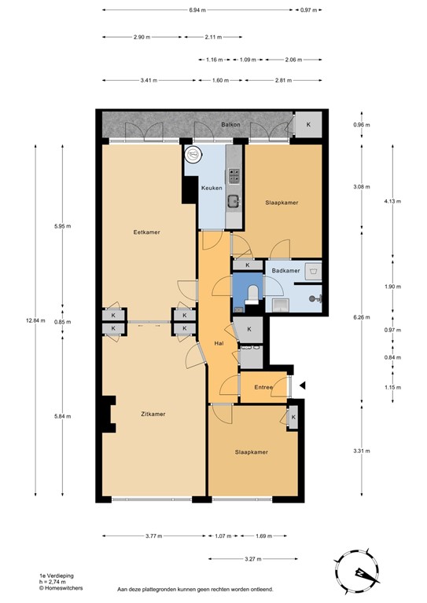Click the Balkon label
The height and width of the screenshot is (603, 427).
230,126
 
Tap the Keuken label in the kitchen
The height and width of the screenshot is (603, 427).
210,188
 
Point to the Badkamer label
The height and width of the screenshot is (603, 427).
285,271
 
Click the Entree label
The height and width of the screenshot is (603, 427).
263,386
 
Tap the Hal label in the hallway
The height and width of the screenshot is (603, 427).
220,343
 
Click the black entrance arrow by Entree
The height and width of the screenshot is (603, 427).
302,385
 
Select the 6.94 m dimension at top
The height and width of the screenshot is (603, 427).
199,10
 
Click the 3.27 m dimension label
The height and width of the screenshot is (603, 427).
254,559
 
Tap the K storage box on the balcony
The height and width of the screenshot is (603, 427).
307,125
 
